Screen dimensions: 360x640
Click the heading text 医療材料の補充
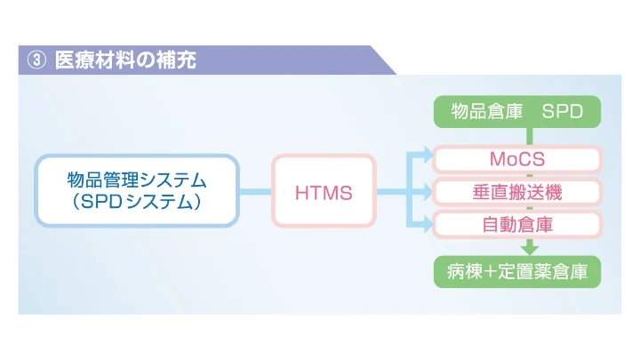(x=125, y=61)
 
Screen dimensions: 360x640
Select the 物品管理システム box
(x=137, y=191)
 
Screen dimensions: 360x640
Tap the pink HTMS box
(x=324, y=191)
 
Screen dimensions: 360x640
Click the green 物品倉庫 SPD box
(x=516, y=112)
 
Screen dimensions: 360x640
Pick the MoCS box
(x=516, y=159)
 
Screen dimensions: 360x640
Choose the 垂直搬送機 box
(x=516, y=191)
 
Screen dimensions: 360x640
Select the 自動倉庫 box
(x=516, y=223)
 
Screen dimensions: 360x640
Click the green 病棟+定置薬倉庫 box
(x=516, y=271)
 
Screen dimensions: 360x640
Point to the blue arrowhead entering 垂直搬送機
(x=427, y=191)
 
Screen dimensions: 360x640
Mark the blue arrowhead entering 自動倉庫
(x=427, y=223)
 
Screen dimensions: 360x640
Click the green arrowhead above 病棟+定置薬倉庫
(x=530, y=249)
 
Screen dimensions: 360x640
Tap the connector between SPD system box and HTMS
(x=255, y=191)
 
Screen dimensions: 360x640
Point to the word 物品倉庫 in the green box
(x=481, y=112)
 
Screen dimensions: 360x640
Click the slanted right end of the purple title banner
(x=384, y=60)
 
